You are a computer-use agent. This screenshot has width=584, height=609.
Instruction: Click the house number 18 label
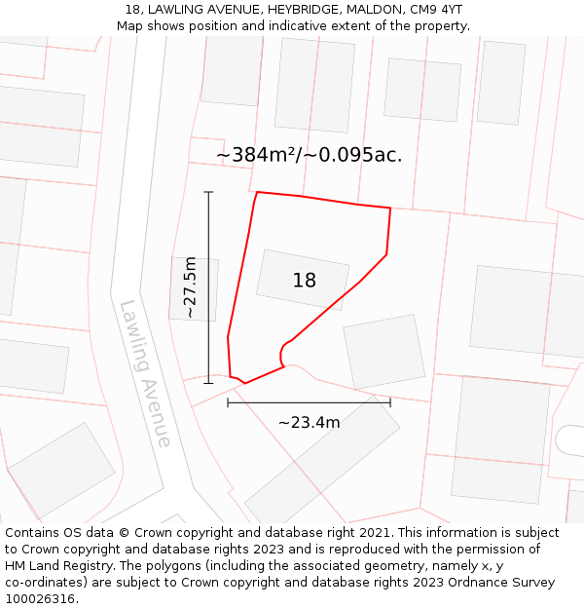pos(305,281)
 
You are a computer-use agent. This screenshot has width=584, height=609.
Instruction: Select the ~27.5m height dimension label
pos(191,287)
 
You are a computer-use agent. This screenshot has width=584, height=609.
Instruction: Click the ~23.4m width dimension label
pos(309,422)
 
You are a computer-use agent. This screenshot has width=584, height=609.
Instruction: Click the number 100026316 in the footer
pos(40,598)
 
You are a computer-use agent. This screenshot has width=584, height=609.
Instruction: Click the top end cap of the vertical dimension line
pos(208,192)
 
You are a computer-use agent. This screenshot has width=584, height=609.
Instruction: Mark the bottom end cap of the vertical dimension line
pos(208,383)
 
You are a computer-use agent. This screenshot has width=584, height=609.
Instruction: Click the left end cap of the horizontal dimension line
pos(228,402)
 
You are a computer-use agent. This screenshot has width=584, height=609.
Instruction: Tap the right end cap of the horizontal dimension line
pos(390,402)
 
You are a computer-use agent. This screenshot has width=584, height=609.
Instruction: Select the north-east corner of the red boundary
pos(390,208)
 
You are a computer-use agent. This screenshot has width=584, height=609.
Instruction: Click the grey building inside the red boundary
pos(303,279)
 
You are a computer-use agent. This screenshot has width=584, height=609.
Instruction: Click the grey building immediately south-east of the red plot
pos(384,352)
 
